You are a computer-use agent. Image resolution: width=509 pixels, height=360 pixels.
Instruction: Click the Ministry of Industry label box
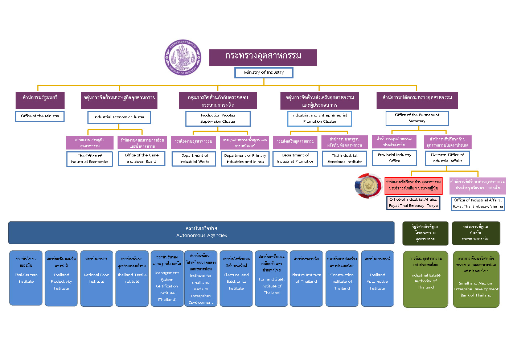[x=264, y=73]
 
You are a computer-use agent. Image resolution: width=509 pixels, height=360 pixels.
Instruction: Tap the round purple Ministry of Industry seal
[x=182, y=58]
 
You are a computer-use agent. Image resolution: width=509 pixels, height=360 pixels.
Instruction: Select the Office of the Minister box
[x=40, y=116]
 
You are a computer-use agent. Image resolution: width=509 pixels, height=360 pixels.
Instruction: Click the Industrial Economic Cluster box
[x=119, y=117]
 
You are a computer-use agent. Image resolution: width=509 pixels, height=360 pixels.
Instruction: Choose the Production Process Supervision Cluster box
[x=218, y=118]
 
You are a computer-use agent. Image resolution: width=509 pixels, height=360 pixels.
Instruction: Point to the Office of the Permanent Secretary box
[x=417, y=118]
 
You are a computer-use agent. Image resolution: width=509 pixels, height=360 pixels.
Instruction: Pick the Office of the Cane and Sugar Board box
[x=141, y=158]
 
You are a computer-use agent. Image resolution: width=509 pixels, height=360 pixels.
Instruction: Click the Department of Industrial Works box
[x=194, y=159]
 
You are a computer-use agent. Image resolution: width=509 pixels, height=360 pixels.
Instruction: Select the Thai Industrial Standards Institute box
[x=344, y=159]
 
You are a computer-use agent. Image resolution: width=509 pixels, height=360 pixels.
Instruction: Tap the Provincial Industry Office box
[x=394, y=158]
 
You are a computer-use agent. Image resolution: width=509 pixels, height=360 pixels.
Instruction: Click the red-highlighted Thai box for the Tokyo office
[x=413, y=185]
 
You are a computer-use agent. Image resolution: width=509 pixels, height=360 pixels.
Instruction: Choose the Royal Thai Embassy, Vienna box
[x=478, y=203]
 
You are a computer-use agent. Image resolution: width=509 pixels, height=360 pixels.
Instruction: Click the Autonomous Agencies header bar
[x=201, y=232]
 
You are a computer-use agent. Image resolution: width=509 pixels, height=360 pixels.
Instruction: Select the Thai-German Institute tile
[x=26, y=278]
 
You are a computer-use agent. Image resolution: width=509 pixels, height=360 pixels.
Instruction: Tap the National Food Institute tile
[x=97, y=278]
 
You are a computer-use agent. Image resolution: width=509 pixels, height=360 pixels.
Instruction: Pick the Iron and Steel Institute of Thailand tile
[x=271, y=278]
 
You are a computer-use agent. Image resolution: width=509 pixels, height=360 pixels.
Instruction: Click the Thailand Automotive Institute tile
[x=377, y=278]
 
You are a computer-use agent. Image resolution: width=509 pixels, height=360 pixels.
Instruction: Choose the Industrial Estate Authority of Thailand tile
[x=426, y=279]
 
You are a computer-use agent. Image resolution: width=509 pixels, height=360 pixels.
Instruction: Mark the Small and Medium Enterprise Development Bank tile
[x=476, y=279]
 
